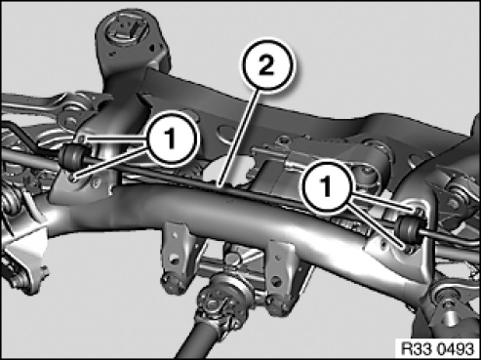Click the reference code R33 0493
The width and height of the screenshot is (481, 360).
coord(437,349)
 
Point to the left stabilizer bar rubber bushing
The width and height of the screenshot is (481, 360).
coord(73,156)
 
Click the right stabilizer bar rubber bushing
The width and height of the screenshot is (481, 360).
coord(408,227)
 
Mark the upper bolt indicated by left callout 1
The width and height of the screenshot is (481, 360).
coord(82,140)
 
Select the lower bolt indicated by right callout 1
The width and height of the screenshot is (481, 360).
coord(408,248)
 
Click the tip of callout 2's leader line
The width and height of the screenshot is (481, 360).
coord(220,186)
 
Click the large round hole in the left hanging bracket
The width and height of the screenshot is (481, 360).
coord(175,260)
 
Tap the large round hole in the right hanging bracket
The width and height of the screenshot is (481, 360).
coord(276,280)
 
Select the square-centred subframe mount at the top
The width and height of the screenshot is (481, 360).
coord(126,30)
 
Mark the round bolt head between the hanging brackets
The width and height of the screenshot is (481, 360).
coord(231,259)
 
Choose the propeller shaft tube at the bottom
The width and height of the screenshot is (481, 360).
coord(192,341)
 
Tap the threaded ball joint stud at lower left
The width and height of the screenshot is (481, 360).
coord(17,280)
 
